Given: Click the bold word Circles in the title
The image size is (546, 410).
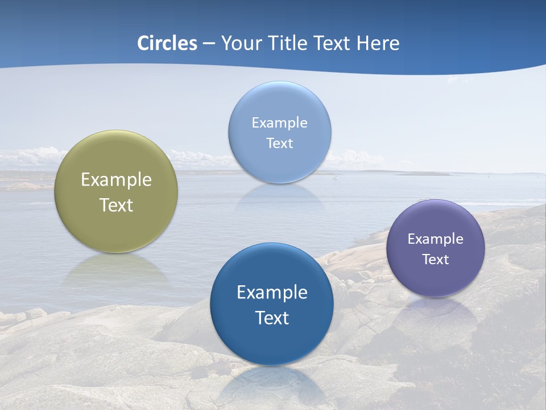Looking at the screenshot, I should pos(167,43).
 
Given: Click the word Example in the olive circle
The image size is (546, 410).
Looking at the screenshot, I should pos(116,180).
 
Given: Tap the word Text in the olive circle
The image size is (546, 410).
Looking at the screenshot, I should pos(116,205).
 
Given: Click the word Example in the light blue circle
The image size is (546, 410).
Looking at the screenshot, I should pos(279,123).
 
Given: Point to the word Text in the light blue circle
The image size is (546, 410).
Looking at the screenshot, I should pos(279,143).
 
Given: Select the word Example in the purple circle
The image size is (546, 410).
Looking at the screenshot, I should pos(435,239).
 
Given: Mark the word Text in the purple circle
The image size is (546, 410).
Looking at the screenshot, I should pos(435,260).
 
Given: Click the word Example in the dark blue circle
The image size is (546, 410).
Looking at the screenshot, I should pos(272,293).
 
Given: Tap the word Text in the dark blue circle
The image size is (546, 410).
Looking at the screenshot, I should pos(272,318).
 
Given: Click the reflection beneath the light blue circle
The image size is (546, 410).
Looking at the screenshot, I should pos(279,196).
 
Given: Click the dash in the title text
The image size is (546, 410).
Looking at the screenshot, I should pos(209,44).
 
